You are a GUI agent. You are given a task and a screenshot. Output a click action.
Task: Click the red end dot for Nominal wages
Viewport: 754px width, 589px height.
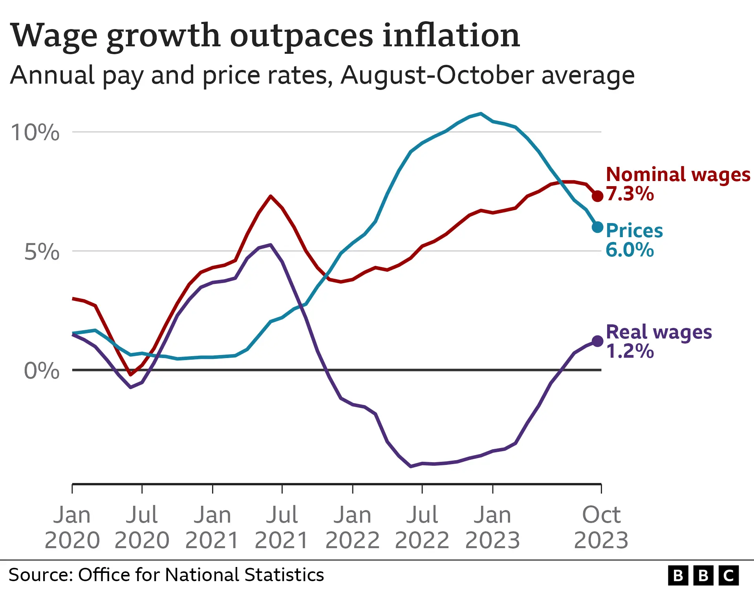597,196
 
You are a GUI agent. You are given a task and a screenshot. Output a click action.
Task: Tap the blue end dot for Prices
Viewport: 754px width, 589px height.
597,227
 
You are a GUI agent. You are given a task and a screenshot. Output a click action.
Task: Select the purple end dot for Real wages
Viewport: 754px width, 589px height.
597,341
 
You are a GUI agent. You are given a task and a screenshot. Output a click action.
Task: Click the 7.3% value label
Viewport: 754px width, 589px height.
630,194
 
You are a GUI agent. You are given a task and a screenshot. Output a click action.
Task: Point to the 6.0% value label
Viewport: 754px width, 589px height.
630,250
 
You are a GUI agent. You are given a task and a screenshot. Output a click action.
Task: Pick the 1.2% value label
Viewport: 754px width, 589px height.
630,351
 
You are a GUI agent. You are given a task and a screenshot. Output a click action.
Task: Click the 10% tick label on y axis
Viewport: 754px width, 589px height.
35,132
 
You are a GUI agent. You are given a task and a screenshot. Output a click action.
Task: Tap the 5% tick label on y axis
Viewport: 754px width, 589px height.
42,252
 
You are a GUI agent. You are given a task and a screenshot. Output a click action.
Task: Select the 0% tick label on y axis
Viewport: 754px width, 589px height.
42,371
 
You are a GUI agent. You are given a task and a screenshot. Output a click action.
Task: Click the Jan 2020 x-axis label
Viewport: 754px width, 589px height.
72,527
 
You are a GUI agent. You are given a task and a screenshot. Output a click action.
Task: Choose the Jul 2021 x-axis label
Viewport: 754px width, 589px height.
282,527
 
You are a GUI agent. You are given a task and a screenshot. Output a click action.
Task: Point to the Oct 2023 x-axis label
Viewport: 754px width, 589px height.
601,527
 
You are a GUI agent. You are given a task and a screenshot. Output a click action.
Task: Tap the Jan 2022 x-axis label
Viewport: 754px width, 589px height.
352,527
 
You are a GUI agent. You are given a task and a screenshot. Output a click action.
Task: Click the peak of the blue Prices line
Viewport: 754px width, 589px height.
481,113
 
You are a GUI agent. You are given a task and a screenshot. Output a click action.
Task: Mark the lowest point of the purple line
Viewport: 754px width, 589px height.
411,466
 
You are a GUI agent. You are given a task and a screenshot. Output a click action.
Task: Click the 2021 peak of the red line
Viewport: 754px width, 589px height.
271,196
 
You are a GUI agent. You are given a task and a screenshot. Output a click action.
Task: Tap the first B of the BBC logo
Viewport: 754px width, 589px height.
678,576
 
